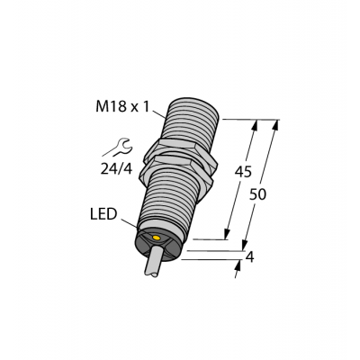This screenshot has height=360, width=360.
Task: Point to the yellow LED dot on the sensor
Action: click(x=158, y=238)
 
